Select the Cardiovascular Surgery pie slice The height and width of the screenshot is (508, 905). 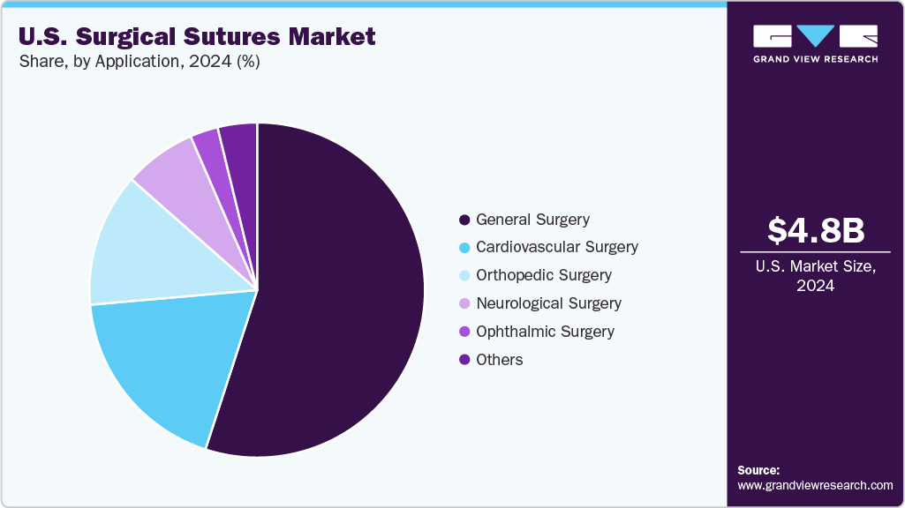tap(168, 362)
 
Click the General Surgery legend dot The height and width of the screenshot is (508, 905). tap(464, 220)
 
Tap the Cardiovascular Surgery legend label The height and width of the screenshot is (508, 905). tap(556, 247)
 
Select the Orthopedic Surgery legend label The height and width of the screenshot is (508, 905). tap(543, 275)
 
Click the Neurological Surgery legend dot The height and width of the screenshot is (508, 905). tap(464, 303)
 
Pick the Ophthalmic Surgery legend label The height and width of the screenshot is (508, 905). tap(545, 332)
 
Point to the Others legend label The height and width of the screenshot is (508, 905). tap(499, 360)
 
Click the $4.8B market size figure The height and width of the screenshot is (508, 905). tap(815, 231)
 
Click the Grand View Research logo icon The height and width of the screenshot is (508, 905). tap(815, 36)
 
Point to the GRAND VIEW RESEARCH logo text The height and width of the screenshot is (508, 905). tap(815, 59)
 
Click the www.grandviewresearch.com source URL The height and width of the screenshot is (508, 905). tap(815, 485)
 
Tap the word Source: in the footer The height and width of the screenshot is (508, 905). tap(758, 470)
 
